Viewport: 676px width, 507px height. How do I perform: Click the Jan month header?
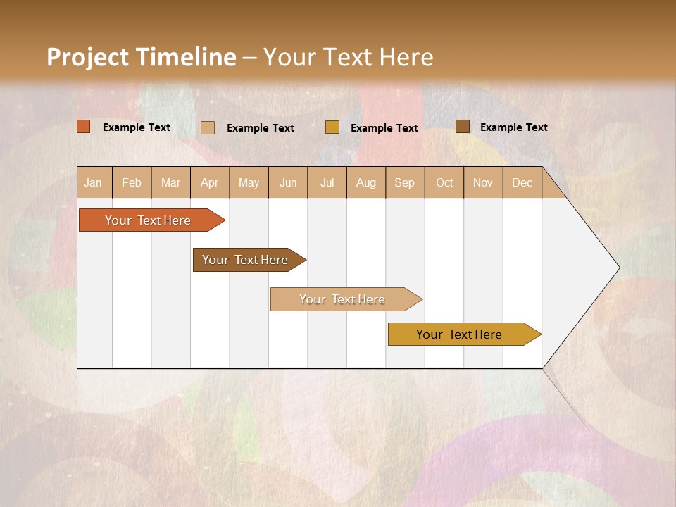(94, 182)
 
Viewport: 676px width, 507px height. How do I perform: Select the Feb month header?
(132, 182)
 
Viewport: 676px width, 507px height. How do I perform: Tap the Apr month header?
(210, 182)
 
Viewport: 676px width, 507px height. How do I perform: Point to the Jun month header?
(288, 182)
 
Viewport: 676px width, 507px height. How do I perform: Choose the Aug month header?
(366, 182)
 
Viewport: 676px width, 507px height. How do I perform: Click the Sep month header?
(405, 182)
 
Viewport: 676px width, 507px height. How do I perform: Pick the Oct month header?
(444, 182)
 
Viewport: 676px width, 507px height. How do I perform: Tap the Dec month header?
(522, 182)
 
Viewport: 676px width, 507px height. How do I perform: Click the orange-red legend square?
(84, 127)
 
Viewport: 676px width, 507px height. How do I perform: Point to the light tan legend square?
(208, 127)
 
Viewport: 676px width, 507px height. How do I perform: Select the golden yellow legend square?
(332, 127)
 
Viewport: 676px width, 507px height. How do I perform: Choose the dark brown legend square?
(462, 127)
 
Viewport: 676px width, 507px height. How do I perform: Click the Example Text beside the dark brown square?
(514, 127)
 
